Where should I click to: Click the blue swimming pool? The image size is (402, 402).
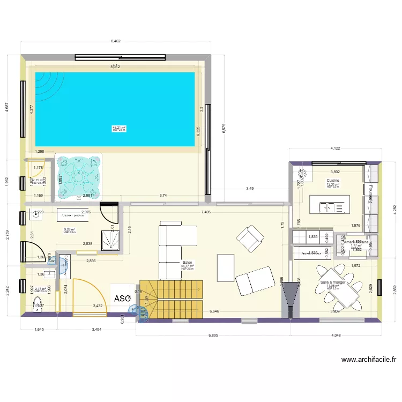click(x=115, y=110)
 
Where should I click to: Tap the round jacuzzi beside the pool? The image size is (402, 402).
click(x=79, y=175)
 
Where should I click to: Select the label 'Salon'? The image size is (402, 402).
click(x=187, y=263)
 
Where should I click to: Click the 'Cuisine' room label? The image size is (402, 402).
click(x=333, y=181)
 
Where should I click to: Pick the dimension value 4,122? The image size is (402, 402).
click(x=336, y=148)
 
